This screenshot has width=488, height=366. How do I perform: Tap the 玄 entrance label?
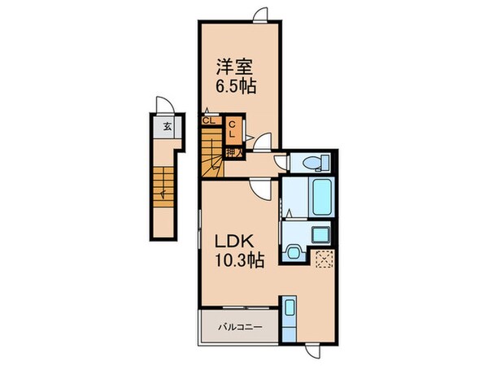click(x=166, y=126)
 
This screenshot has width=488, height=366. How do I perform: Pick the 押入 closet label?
click(x=233, y=150)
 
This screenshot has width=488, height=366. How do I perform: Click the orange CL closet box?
click(x=233, y=128)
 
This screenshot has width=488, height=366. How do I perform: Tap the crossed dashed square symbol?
click(x=325, y=259)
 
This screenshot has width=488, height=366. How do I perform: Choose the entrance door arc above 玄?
click(x=163, y=104)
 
